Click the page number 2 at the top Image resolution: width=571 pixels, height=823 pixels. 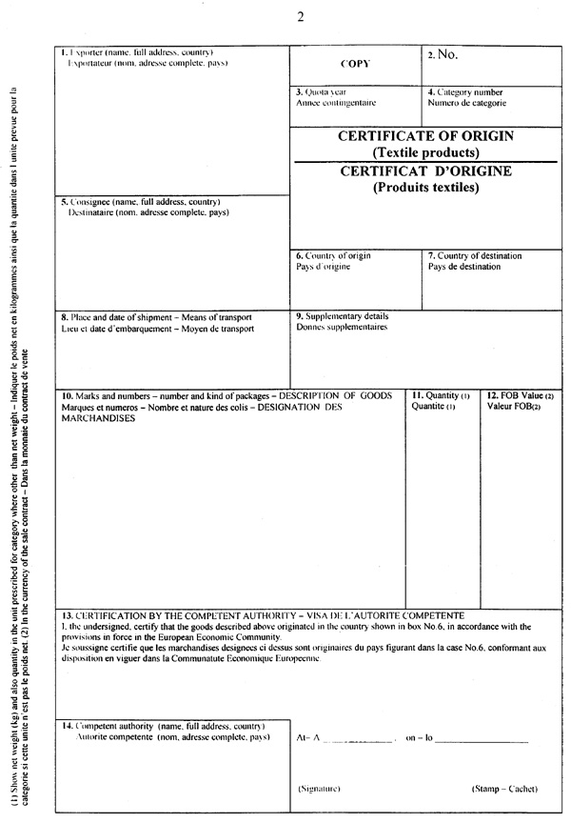tap(300, 16)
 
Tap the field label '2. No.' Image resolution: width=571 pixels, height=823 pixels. tap(443, 54)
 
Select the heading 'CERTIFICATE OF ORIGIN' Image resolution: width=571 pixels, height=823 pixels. tap(425, 136)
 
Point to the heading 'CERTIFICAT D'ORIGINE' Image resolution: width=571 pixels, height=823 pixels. tap(425, 171)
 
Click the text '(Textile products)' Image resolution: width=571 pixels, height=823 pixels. tap(425, 152)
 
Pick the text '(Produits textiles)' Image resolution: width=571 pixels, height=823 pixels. tap(425, 188)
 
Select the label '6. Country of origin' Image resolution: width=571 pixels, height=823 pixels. tap(333, 255)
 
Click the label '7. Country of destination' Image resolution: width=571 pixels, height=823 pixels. tap(475, 255)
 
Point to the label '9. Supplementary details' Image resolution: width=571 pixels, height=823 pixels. tap(342, 316)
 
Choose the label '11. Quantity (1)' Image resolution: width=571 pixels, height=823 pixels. tap(441, 395)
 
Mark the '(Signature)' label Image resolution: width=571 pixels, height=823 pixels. tap(320, 789)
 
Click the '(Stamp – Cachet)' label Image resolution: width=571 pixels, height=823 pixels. tap(504, 789)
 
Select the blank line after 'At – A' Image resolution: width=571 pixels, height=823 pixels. tap(362, 739)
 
